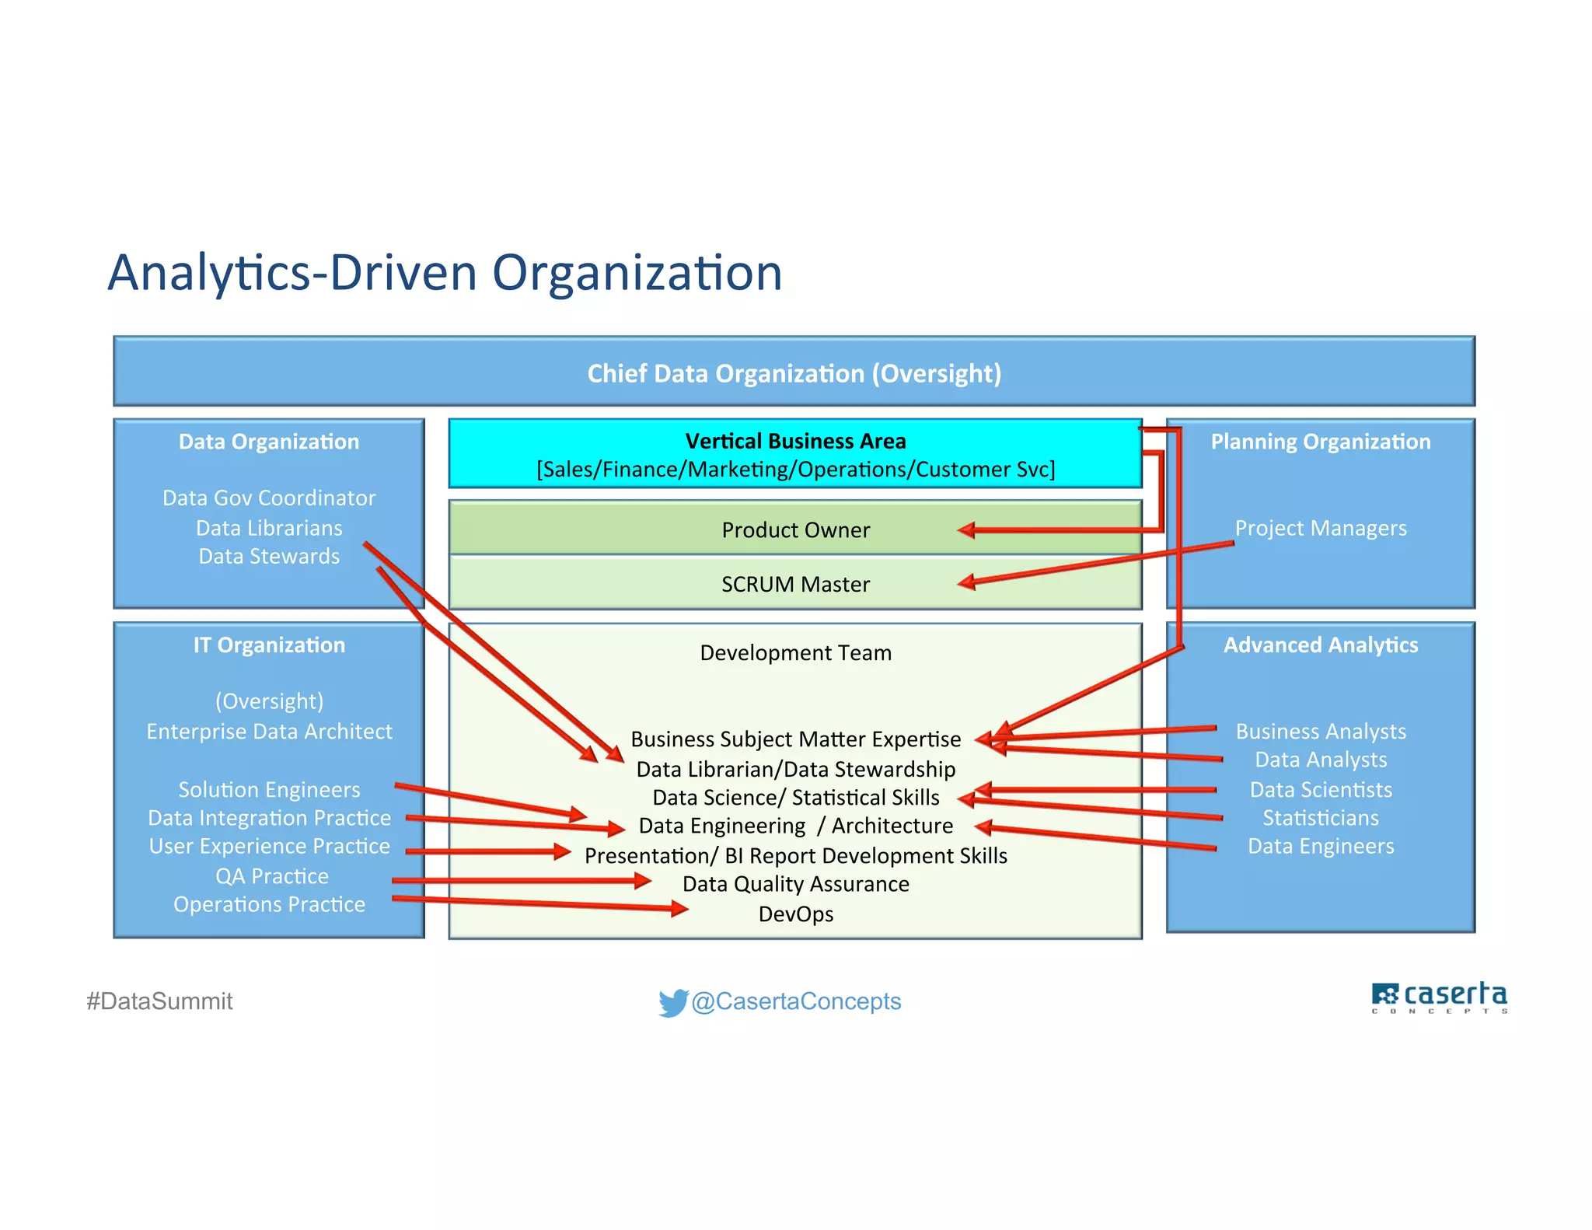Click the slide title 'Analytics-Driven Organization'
(x=445, y=273)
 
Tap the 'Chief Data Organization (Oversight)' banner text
(x=794, y=373)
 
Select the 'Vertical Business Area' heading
(x=795, y=441)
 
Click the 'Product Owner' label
(x=795, y=530)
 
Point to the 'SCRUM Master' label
(x=795, y=585)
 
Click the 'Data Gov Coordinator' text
(x=269, y=498)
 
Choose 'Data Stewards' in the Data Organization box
(x=269, y=557)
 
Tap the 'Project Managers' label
(x=1320, y=529)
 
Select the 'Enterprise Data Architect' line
(x=269, y=732)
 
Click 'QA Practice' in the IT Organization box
(x=272, y=876)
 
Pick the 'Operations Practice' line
(x=269, y=905)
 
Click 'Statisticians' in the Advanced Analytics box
(x=1320, y=818)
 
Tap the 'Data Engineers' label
(x=1320, y=847)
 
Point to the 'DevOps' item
(x=795, y=914)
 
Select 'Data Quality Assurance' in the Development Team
(x=795, y=885)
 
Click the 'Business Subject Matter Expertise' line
(x=795, y=739)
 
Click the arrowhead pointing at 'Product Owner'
(x=965, y=530)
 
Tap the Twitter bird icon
(x=672, y=1002)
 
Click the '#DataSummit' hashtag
(x=159, y=1001)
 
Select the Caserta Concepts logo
(x=1439, y=998)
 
